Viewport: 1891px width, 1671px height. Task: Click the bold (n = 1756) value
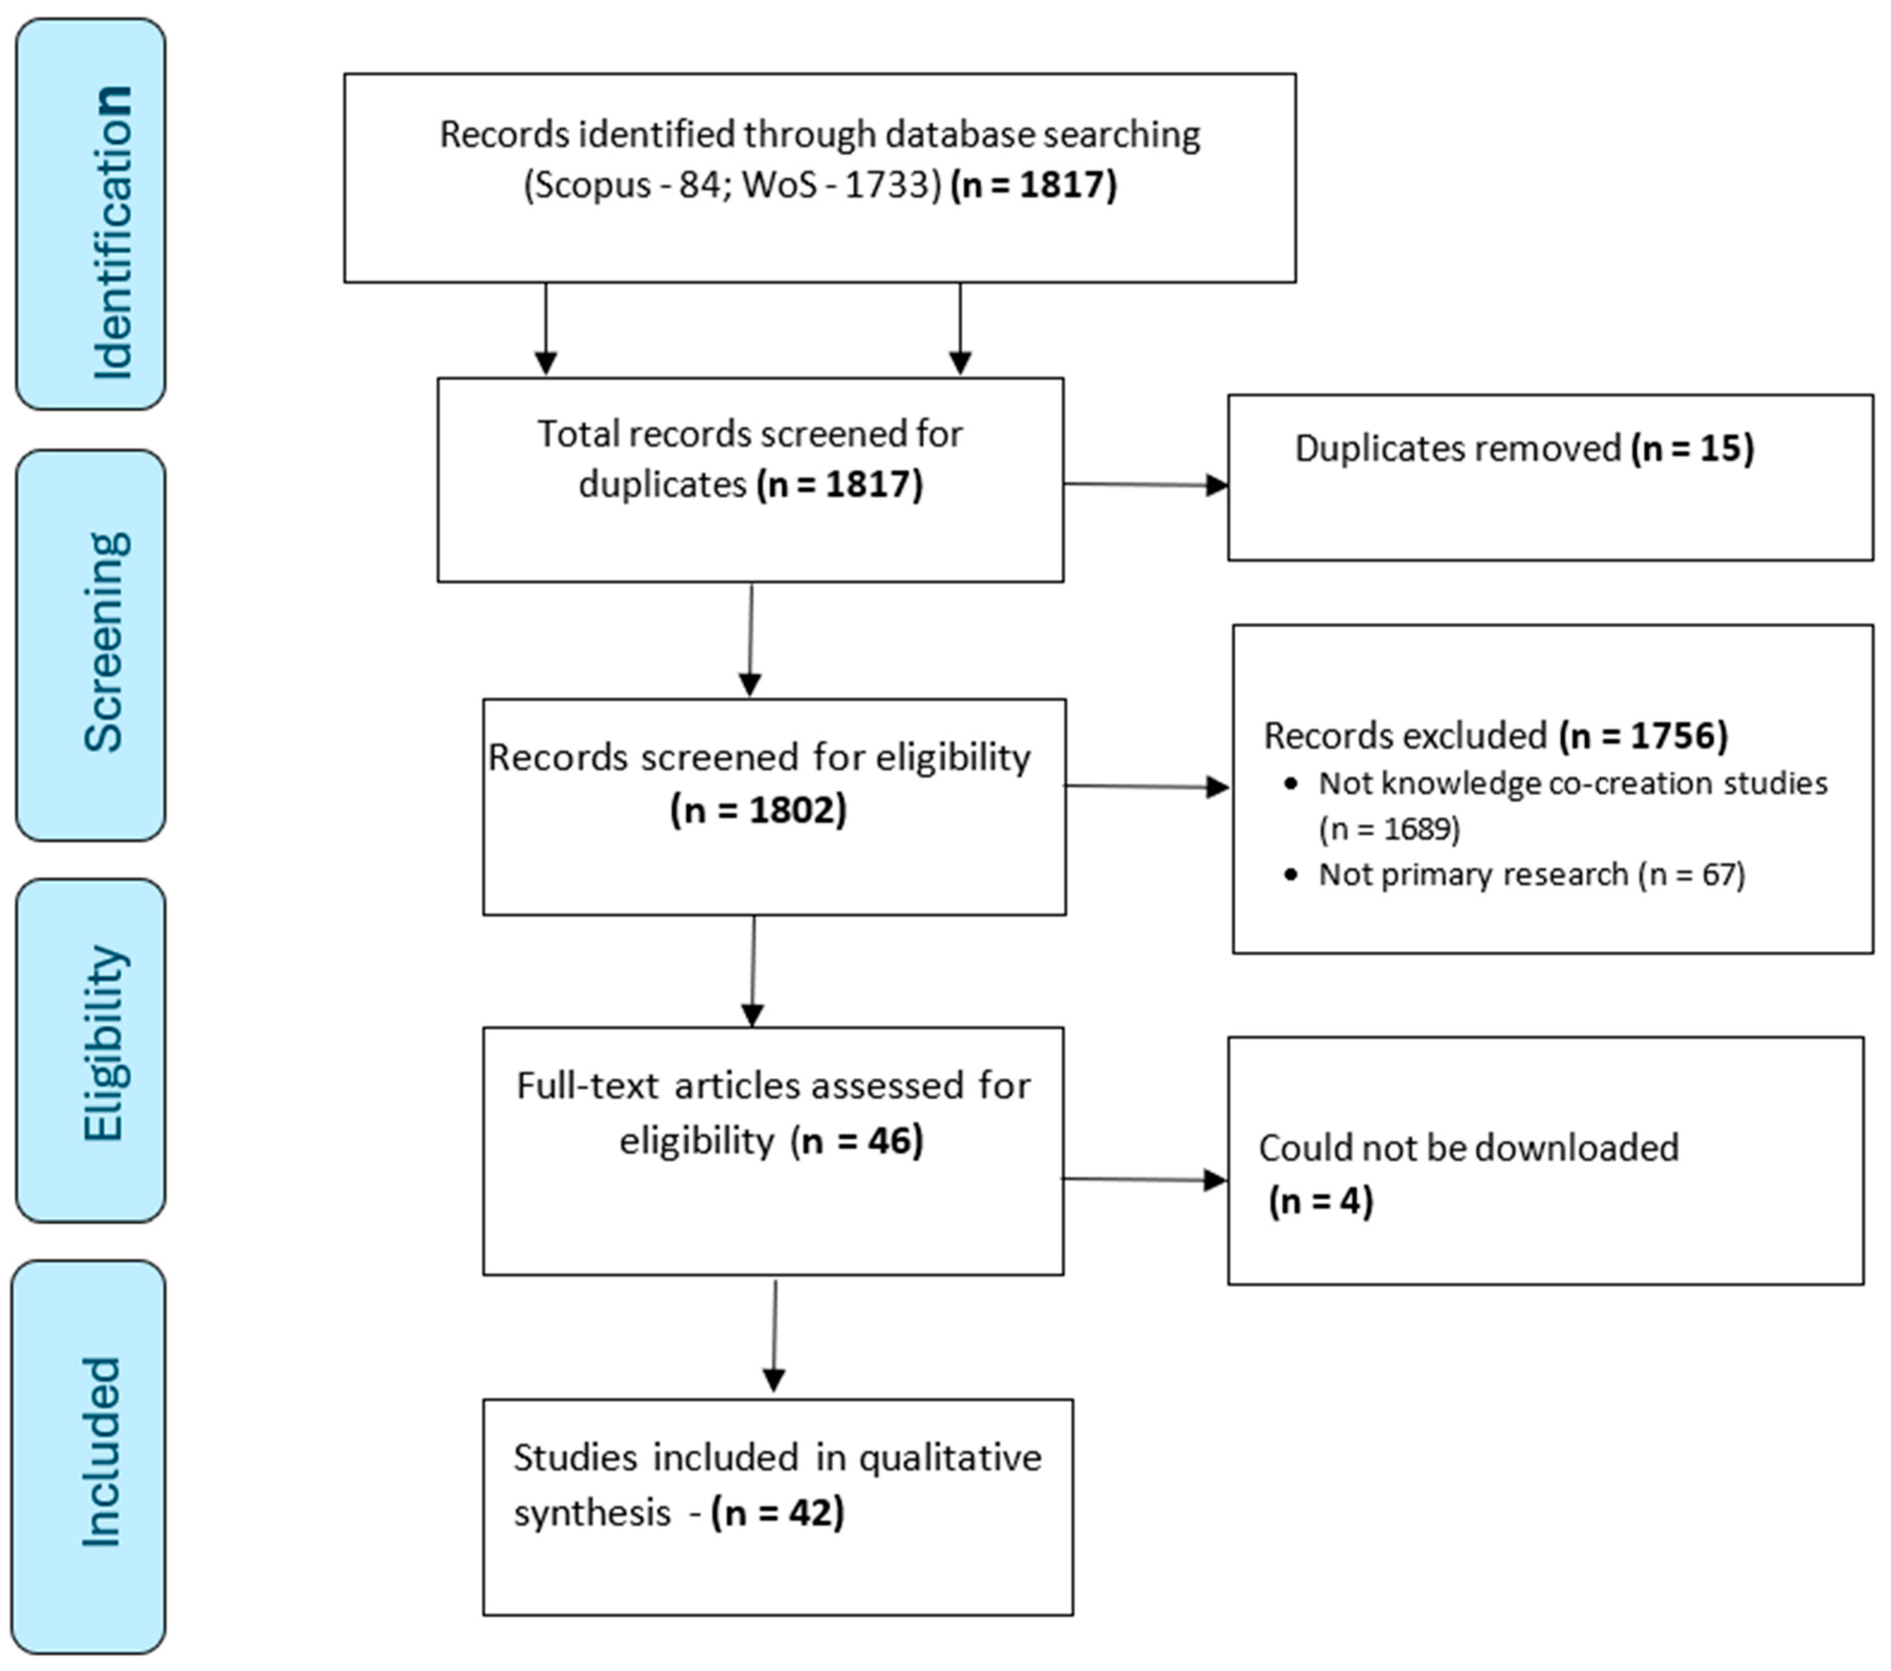click(1643, 735)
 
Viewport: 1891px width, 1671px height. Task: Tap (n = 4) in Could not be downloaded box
click(1320, 1201)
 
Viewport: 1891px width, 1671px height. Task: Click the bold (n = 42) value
click(777, 1513)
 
